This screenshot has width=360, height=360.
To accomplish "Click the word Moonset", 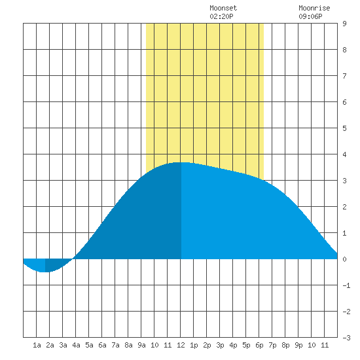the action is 223,9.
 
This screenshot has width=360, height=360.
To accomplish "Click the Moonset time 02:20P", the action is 221,16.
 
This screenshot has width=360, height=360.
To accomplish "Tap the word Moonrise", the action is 314,9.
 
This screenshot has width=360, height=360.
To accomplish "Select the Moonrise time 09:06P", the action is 310,16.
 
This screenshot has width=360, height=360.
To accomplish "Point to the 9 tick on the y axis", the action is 344,24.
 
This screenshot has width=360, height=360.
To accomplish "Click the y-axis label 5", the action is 344,128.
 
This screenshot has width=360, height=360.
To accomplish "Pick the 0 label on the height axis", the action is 344,259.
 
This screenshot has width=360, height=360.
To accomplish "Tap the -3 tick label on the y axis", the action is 346,338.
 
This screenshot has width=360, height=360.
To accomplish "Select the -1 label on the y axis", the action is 346,285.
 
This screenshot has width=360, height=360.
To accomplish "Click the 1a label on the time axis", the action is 37,345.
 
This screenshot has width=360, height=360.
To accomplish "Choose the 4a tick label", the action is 76,345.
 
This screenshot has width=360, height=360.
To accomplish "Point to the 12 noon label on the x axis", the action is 181,345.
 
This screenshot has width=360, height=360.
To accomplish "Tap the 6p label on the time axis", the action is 259,345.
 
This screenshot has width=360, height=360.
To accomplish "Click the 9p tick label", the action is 298,345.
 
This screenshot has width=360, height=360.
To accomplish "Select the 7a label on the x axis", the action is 115,345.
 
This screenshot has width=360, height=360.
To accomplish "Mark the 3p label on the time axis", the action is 220,345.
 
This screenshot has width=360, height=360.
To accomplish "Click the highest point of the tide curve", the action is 181,162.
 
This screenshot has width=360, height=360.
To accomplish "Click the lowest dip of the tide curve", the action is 44,272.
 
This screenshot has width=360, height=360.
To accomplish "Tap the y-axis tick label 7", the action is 344,76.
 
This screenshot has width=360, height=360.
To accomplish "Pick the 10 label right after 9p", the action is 312,345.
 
